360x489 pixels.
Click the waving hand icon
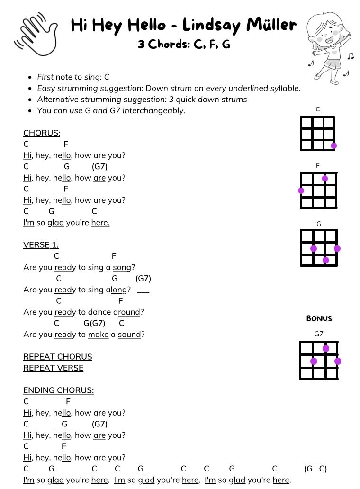click(x=37, y=34)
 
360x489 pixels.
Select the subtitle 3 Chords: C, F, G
click(x=184, y=44)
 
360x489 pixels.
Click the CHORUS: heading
click(x=42, y=133)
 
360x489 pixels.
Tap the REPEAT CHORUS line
click(x=58, y=357)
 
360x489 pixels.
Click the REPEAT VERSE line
click(x=53, y=368)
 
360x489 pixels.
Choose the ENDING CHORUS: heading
click(x=58, y=390)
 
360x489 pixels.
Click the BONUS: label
click(x=320, y=318)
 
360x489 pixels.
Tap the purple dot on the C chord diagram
click(x=334, y=145)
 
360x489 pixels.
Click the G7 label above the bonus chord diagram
click(x=319, y=334)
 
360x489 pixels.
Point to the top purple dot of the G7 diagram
click(x=326, y=349)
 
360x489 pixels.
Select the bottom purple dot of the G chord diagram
click(x=326, y=260)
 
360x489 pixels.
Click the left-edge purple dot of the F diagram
click(x=301, y=191)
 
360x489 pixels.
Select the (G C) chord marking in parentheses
click(x=315, y=469)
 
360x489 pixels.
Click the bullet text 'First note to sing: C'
click(x=73, y=77)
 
